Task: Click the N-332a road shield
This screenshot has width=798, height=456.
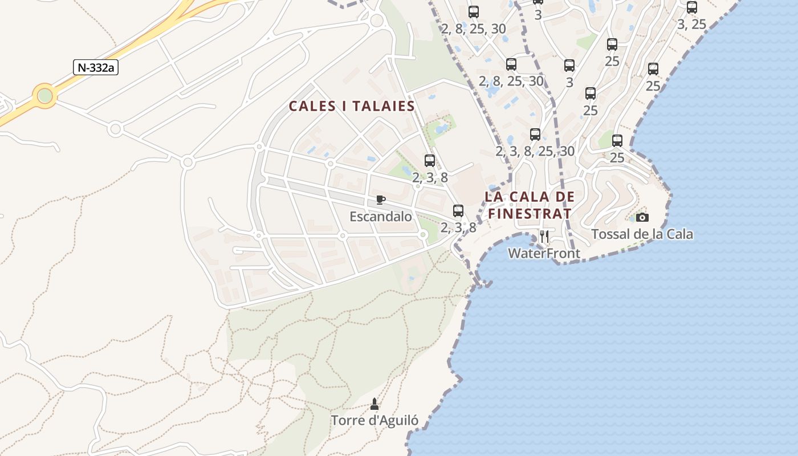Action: [96, 67]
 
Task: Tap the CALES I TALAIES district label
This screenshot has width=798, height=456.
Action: [352, 107]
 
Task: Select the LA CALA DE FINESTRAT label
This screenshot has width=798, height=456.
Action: [530, 205]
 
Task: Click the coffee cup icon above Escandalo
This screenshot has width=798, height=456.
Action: [381, 199]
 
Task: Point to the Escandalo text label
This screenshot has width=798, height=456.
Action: [380, 217]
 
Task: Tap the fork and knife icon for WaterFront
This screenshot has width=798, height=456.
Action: [544, 236]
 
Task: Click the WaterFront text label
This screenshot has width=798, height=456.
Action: [544, 253]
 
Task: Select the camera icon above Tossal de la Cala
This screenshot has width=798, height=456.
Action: [642, 217]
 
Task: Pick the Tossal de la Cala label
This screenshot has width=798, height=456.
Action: [642, 234]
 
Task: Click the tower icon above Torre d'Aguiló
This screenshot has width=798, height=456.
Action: [374, 404]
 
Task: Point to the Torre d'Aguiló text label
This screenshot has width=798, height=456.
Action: [375, 421]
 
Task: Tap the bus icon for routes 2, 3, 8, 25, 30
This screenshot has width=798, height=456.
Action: [535, 135]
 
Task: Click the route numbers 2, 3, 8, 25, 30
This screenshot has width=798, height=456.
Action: [535, 151]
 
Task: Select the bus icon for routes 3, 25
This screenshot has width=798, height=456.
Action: [692, 7]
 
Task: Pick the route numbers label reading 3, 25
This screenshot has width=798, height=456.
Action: [692, 25]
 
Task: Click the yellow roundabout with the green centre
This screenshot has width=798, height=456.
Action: [44, 96]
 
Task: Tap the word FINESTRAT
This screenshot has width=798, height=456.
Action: [530, 214]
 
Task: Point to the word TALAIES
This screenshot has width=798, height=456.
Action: [383, 107]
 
